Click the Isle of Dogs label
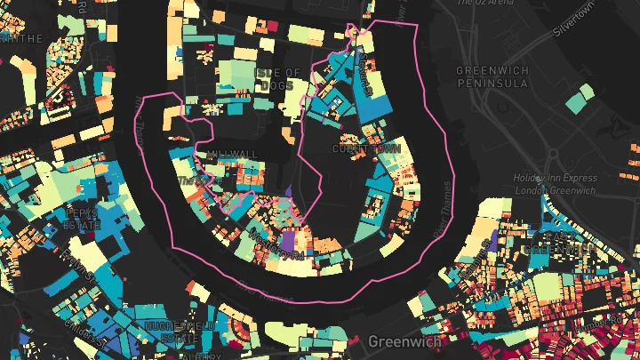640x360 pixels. tap(277, 78)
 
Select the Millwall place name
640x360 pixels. tap(232, 154)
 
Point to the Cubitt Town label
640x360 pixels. tap(367, 149)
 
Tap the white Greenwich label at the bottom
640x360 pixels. tap(399, 341)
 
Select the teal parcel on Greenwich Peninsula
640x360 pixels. tap(580, 98)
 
